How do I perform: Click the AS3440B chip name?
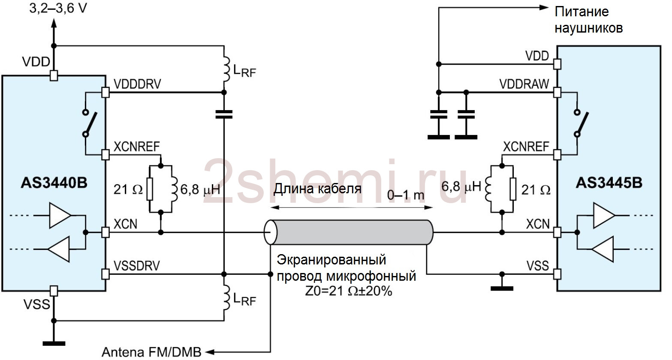pyautogui.click(x=54, y=183)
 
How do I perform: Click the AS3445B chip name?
pyautogui.click(x=609, y=183)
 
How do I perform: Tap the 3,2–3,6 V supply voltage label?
pyautogui.click(x=58, y=9)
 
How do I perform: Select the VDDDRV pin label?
pyautogui.click(x=137, y=84)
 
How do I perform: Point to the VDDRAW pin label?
pyautogui.click(x=524, y=84)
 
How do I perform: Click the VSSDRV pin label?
pyautogui.click(x=137, y=266)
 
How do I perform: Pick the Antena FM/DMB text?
pyautogui.click(x=151, y=352)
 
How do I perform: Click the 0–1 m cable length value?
pyautogui.click(x=406, y=195)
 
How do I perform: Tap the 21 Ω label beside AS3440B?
pyautogui.click(x=128, y=189)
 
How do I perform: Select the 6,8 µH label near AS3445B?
pyautogui.click(x=461, y=186)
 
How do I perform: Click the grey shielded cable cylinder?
pyautogui.click(x=349, y=232)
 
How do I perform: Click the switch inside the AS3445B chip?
pyautogui.click(x=581, y=124)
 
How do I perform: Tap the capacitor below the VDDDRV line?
pyautogui.click(x=224, y=114)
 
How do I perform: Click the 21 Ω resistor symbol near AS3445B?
pyautogui.click(x=513, y=189)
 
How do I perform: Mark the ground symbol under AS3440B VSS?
pyautogui.click(x=54, y=344)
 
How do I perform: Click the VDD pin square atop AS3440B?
pyautogui.click(x=54, y=75)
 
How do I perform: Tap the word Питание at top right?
pyautogui.click(x=582, y=12)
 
